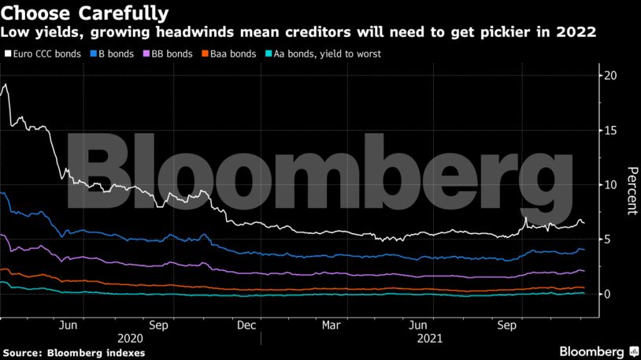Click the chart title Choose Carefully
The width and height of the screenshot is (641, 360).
coord(84,13)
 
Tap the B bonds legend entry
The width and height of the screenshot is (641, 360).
coord(115,55)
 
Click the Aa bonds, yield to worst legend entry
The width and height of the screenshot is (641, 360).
coord(322,55)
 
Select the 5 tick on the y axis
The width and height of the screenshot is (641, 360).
coord(608,239)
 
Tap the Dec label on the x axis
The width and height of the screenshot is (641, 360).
coord(247,325)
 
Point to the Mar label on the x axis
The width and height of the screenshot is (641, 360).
coord(332,325)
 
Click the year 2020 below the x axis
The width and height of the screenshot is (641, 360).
coord(130,338)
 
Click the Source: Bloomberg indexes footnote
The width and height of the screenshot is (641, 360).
coord(73,352)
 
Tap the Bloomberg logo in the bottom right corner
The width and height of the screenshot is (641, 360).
coord(598,351)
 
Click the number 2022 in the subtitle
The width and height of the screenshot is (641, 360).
coord(576,33)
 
